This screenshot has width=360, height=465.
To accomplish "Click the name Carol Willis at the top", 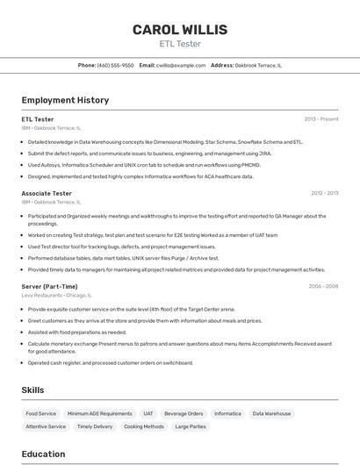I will click(x=180, y=30).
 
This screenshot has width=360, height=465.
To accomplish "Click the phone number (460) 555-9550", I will click(x=115, y=65).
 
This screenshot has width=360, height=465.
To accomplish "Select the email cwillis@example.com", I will click(x=182, y=65).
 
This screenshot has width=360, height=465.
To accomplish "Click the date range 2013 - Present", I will click(x=321, y=119).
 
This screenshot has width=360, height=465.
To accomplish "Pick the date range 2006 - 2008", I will click(x=323, y=286).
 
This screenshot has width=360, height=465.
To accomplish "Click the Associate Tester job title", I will click(x=47, y=193).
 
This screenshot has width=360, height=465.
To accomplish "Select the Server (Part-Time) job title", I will click(x=49, y=286).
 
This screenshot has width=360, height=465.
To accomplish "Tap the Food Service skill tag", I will click(x=41, y=413).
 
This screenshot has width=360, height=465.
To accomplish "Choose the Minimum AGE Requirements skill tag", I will click(x=99, y=413).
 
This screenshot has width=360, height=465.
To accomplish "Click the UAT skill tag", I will click(x=148, y=413).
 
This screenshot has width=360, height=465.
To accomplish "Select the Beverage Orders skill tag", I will click(x=184, y=413).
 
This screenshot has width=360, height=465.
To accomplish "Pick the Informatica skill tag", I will click(x=227, y=413).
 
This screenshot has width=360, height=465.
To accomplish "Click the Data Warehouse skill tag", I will click(x=271, y=413).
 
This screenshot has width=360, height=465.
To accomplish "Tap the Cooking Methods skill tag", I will click(x=143, y=426).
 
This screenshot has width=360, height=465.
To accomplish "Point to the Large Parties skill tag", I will click(x=190, y=426).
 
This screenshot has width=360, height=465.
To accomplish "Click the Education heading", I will click(x=43, y=454).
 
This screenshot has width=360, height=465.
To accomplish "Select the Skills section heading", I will click(x=33, y=390).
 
